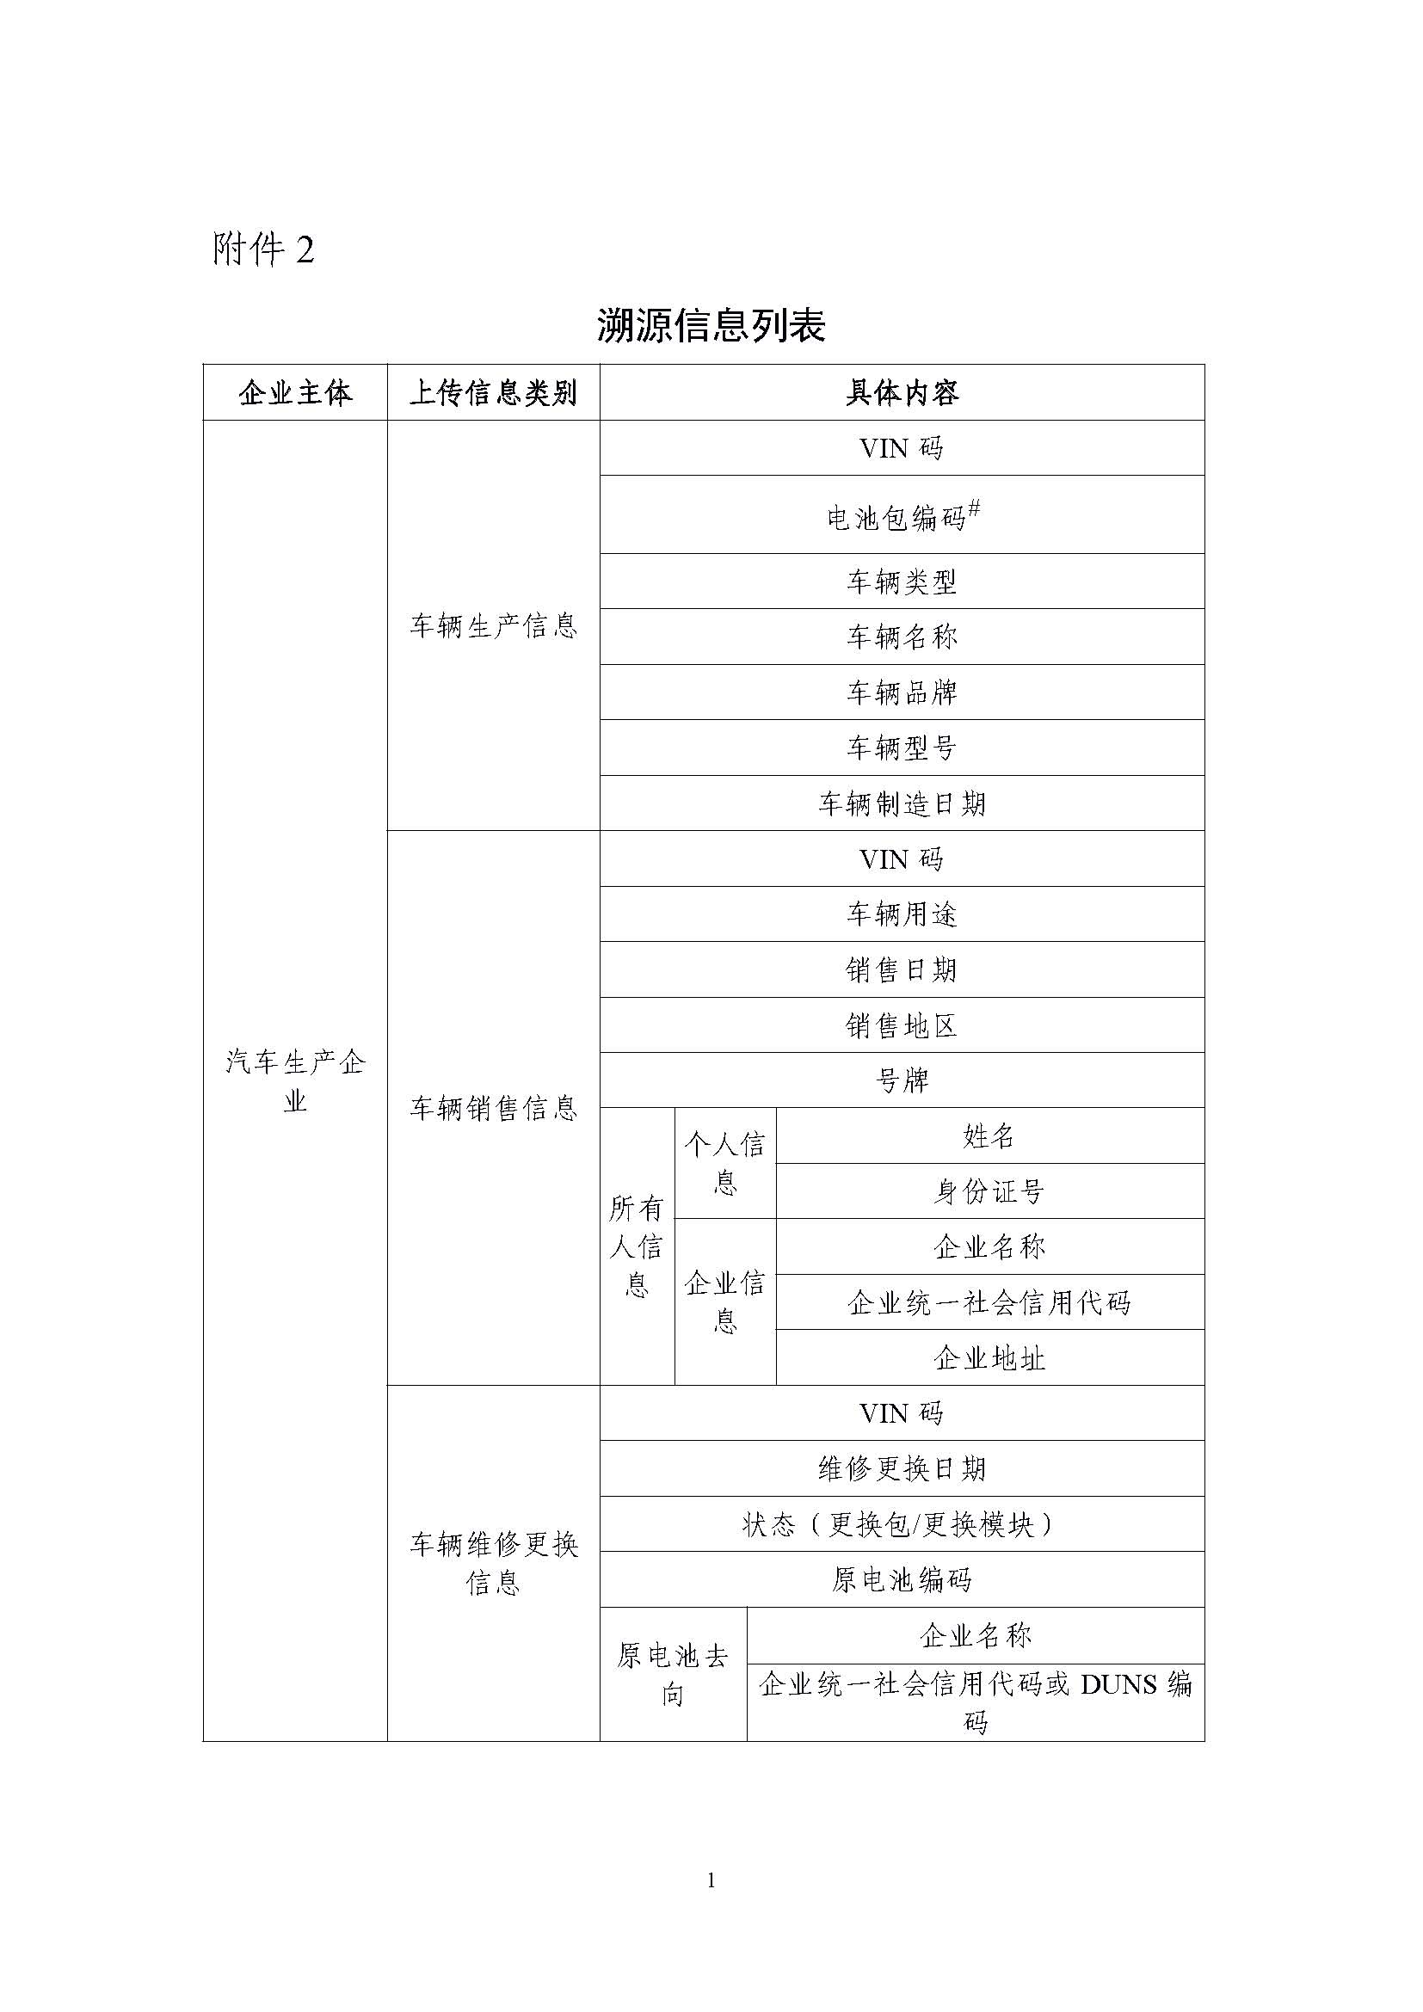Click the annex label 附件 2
pos(263,250)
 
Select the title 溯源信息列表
pos(711,326)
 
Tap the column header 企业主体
pos(295,393)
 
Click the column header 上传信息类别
pos(493,393)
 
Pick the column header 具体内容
pos(902,393)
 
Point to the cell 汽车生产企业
pos(295,1081)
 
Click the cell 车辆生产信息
pos(493,625)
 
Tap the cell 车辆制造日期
pos(902,803)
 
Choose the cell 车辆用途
pos(902,915)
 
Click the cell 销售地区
pos(902,1025)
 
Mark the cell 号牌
pos(902,1080)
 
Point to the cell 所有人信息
pos(636,1246)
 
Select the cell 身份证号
pos(989,1191)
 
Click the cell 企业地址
pos(989,1358)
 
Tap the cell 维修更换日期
pos(902,1468)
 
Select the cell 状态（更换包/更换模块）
pos(902,1525)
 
